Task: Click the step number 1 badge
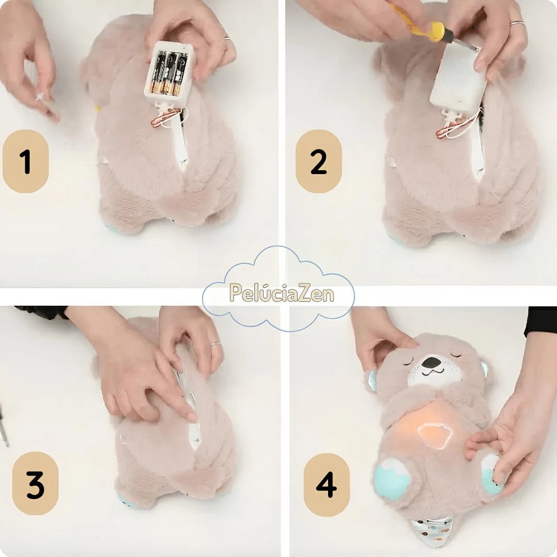pos(25,161)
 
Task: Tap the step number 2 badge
pos(319,161)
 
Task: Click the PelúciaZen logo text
pos(282,293)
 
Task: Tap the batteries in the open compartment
pos(168,73)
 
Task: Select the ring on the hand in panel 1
pos(228,39)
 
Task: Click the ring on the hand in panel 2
pos(517,23)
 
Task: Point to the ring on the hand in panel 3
pos(215,344)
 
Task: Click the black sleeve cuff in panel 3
pos(40,313)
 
